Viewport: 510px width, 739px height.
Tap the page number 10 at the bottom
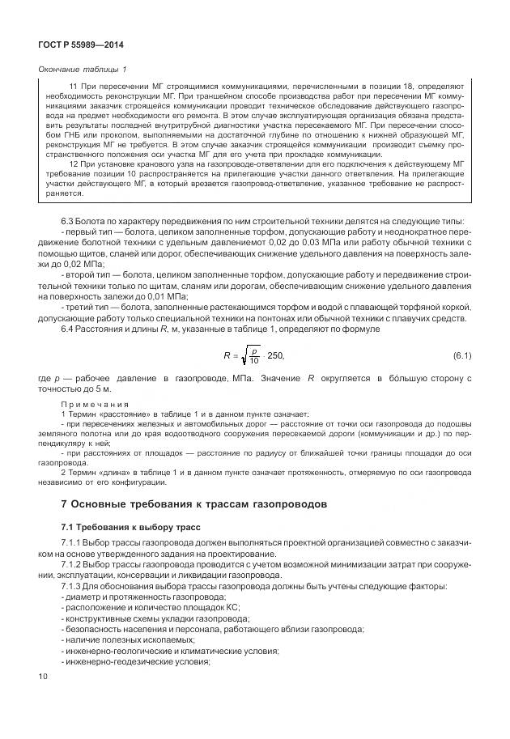click(44, 674)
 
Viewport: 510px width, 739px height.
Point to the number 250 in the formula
click(276, 356)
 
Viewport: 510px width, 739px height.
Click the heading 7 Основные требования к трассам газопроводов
click(193, 504)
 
